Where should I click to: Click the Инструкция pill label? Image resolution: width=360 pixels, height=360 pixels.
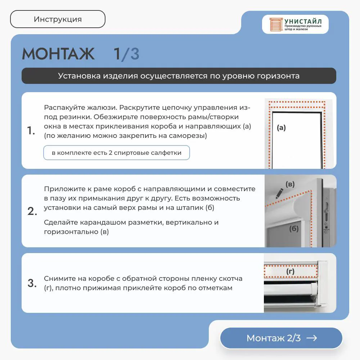[58, 19]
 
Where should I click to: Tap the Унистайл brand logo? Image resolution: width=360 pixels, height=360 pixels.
[295, 24]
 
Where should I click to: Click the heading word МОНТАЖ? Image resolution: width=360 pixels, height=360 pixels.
[58, 54]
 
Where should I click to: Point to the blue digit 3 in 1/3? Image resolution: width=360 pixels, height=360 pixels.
[135, 54]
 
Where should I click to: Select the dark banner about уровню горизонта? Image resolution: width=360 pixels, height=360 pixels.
[179, 76]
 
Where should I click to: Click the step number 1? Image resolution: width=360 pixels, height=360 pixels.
[31, 130]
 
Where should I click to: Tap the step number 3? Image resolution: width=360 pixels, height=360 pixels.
[32, 283]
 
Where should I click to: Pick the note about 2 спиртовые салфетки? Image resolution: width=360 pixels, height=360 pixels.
[117, 153]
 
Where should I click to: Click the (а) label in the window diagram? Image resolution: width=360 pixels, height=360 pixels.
[281, 128]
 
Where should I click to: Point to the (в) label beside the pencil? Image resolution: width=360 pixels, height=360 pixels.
[290, 184]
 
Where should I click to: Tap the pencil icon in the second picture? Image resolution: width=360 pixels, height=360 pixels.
[279, 194]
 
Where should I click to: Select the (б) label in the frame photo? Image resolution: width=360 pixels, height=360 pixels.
[294, 229]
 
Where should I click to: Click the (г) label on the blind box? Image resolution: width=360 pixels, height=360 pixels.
[291, 271]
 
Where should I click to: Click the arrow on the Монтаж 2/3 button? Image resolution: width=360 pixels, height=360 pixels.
[312, 338]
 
